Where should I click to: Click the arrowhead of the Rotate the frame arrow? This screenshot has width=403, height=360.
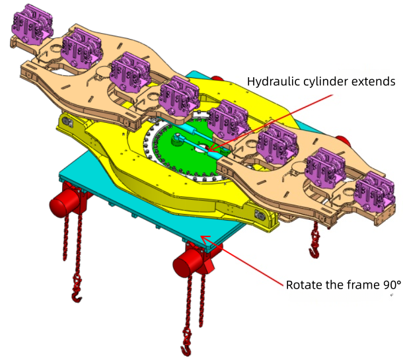coord(203,240)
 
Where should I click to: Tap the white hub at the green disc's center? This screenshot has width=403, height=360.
coord(179,139)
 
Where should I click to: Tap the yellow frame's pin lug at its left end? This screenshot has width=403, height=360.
coord(67,121)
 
